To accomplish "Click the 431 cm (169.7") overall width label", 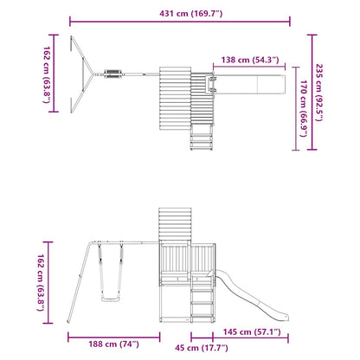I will (181, 14).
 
